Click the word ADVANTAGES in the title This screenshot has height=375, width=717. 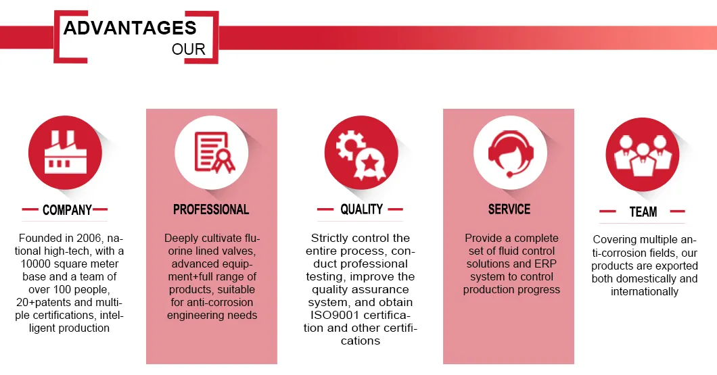point(130,28)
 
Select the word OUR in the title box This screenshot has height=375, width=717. point(189,49)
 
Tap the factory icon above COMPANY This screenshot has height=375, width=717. point(66,153)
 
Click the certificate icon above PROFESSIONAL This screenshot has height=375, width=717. point(214,152)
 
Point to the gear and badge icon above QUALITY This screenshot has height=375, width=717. point(361,153)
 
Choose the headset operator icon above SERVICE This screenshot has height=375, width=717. point(510,153)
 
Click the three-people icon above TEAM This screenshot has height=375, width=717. point(643,155)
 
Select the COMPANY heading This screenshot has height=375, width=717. point(67,209)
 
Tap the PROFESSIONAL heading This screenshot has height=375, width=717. point(211,209)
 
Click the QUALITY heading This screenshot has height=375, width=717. point(361,209)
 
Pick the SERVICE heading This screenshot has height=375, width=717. point(509,209)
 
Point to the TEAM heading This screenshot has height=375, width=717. point(643,211)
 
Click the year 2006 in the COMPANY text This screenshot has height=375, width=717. point(89,238)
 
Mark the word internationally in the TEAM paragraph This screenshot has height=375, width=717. point(645,291)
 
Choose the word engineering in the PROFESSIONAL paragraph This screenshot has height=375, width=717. point(191,315)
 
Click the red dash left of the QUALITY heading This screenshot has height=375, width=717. point(325,209)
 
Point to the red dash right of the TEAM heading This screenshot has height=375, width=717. point(677,211)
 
